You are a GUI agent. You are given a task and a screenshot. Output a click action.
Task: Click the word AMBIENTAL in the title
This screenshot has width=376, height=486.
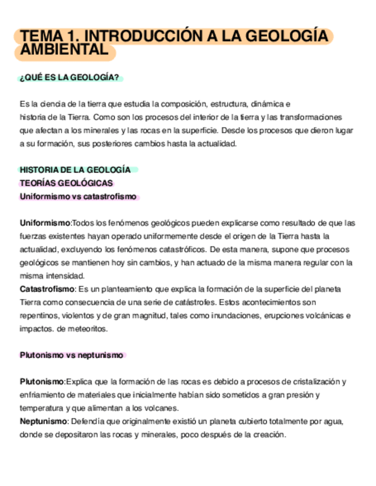[64, 50]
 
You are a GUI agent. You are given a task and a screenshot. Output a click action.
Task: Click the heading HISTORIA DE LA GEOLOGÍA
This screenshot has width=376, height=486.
[75, 170]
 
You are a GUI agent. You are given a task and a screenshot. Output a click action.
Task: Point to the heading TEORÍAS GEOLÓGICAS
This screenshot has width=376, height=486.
[66, 183]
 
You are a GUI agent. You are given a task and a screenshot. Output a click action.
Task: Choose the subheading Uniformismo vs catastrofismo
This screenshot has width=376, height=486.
[79, 197]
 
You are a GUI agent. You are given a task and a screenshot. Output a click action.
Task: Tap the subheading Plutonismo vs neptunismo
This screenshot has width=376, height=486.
[72, 355]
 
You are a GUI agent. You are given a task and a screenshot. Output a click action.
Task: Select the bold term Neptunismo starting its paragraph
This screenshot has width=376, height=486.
[43, 421]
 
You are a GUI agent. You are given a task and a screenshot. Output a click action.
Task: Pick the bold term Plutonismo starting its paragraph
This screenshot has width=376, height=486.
[42, 382]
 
